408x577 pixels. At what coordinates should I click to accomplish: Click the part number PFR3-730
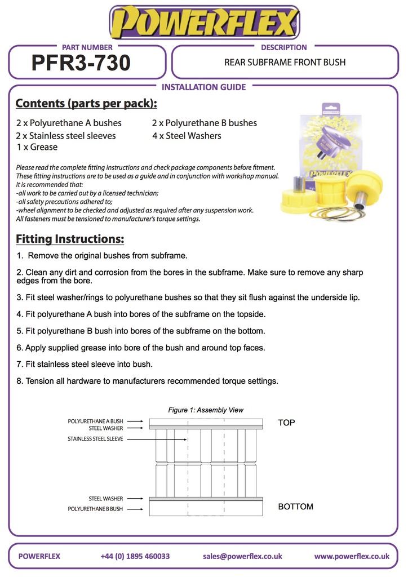[81, 63]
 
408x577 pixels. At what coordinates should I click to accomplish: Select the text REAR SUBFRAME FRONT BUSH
[285, 62]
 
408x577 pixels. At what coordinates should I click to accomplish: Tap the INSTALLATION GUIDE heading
[203, 87]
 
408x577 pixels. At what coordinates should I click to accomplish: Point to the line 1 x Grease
[37, 147]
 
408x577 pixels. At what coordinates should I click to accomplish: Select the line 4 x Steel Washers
[187, 135]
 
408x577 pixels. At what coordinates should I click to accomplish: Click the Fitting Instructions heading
[70, 239]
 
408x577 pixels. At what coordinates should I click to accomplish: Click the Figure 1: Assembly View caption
[206, 410]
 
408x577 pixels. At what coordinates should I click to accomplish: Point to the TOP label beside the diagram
[286, 423]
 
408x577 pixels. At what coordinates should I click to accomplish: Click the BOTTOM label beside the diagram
[295, 507]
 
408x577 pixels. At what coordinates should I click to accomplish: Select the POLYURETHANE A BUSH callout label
[95, 421]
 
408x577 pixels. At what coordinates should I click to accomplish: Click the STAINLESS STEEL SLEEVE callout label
[95, 439]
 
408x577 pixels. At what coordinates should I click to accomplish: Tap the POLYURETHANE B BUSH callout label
[95, 509]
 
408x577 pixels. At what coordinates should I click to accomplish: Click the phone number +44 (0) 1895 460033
[135, 556]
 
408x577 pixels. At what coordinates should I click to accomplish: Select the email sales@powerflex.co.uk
[242, 556]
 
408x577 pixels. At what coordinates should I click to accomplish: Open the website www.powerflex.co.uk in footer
[352, 556]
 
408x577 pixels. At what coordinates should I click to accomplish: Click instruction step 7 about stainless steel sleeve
[85, 364]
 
